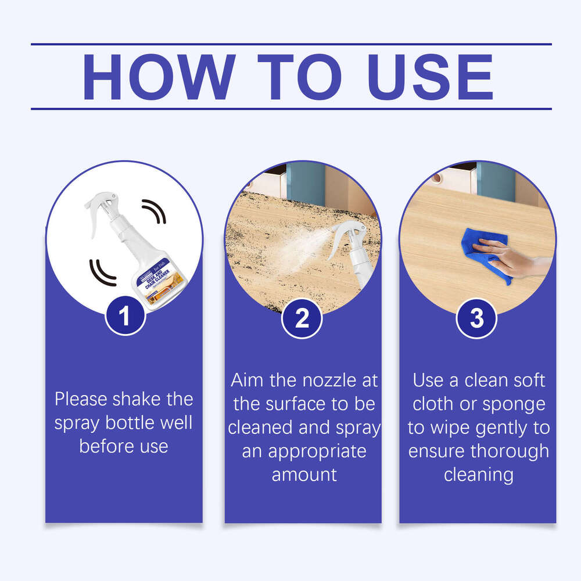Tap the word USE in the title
[x=431, y=77]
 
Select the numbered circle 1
[x=124, y=317]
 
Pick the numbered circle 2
[x=302, y=319]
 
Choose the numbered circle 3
[x=476, y=318]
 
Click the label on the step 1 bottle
[x=152, y=284]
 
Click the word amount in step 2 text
[x=304, y=475]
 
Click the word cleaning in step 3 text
[x=478, y=475]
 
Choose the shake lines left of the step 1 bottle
[x=99, y=271]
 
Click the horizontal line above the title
[x=290, y=44]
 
